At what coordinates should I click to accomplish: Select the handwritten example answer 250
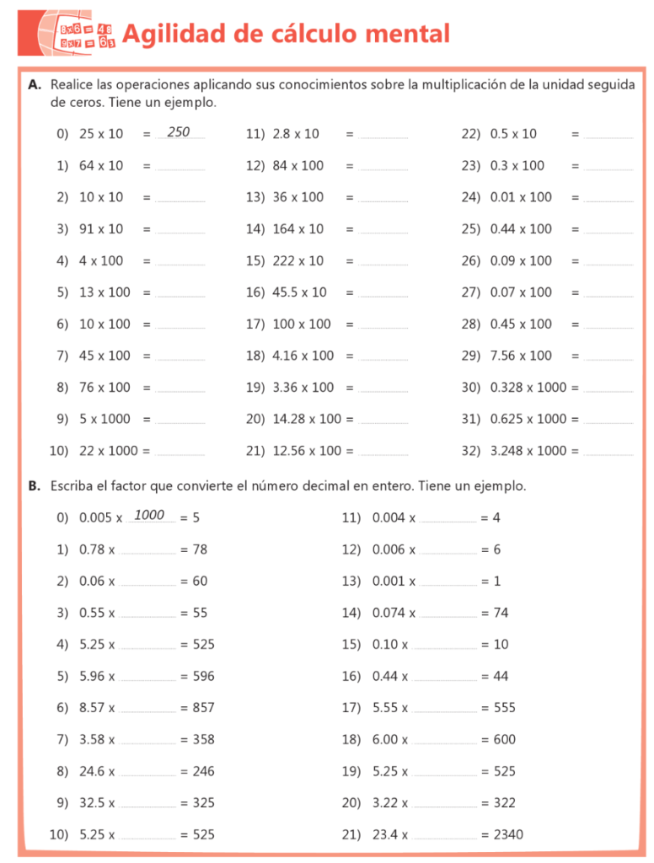pos(179,132)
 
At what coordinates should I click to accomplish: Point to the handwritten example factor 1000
pos(149,515)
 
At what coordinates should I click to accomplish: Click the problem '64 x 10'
pos(101,165)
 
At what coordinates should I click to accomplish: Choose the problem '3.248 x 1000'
pos(528,450)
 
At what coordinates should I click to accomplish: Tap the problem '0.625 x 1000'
pos(528,419)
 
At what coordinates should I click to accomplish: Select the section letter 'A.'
pos(35,85)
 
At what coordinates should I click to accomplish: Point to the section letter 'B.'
pos(35,486)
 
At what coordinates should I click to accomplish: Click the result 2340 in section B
pos(507,834)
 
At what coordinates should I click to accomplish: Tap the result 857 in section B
pos(203,708)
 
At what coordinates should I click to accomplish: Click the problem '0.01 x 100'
pos(521,197)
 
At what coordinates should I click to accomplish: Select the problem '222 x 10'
pos(298,260)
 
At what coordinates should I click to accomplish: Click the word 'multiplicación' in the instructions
pos(463,85)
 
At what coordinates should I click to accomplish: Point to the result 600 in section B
pos(504,739)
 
